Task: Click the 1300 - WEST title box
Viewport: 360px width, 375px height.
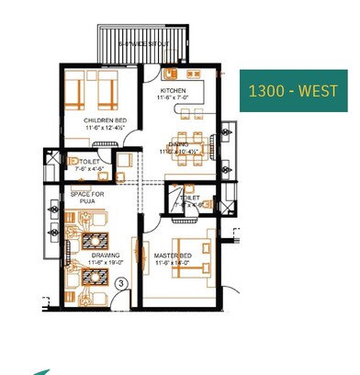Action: coord(294,90)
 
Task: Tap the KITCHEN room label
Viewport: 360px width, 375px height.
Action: coord(173,91)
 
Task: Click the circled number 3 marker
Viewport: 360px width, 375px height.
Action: coord(121,285)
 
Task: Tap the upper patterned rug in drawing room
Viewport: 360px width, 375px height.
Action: coord(96,240)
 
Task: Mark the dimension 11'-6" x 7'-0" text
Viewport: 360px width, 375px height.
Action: coord(173,98)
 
